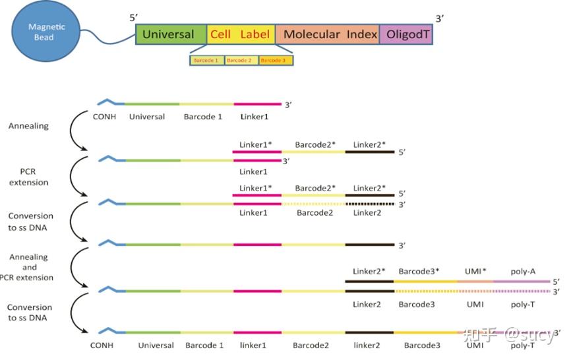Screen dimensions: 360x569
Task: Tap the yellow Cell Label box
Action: click(241, 34)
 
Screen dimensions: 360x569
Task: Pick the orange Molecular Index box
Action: click(327, 34)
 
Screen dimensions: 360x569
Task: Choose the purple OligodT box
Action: click(406, 34)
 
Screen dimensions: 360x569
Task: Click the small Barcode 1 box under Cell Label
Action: click(206, 61)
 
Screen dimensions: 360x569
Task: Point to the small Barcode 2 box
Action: click(241, 61)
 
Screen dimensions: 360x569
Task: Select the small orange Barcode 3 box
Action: click(276, 61)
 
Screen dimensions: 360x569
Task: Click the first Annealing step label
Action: click(28, 126)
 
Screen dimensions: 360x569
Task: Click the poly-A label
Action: click(524, 271)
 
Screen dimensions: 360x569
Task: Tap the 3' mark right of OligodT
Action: click(440, 18)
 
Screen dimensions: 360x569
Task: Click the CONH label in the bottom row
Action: click(102, 345)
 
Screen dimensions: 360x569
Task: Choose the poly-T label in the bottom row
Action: click(523, 345)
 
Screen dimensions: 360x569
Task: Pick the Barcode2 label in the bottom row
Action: click(311, 345)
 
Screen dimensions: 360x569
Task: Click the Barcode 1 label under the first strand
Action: click(203, 117)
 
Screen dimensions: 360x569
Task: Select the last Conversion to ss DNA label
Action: click(30, 313)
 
